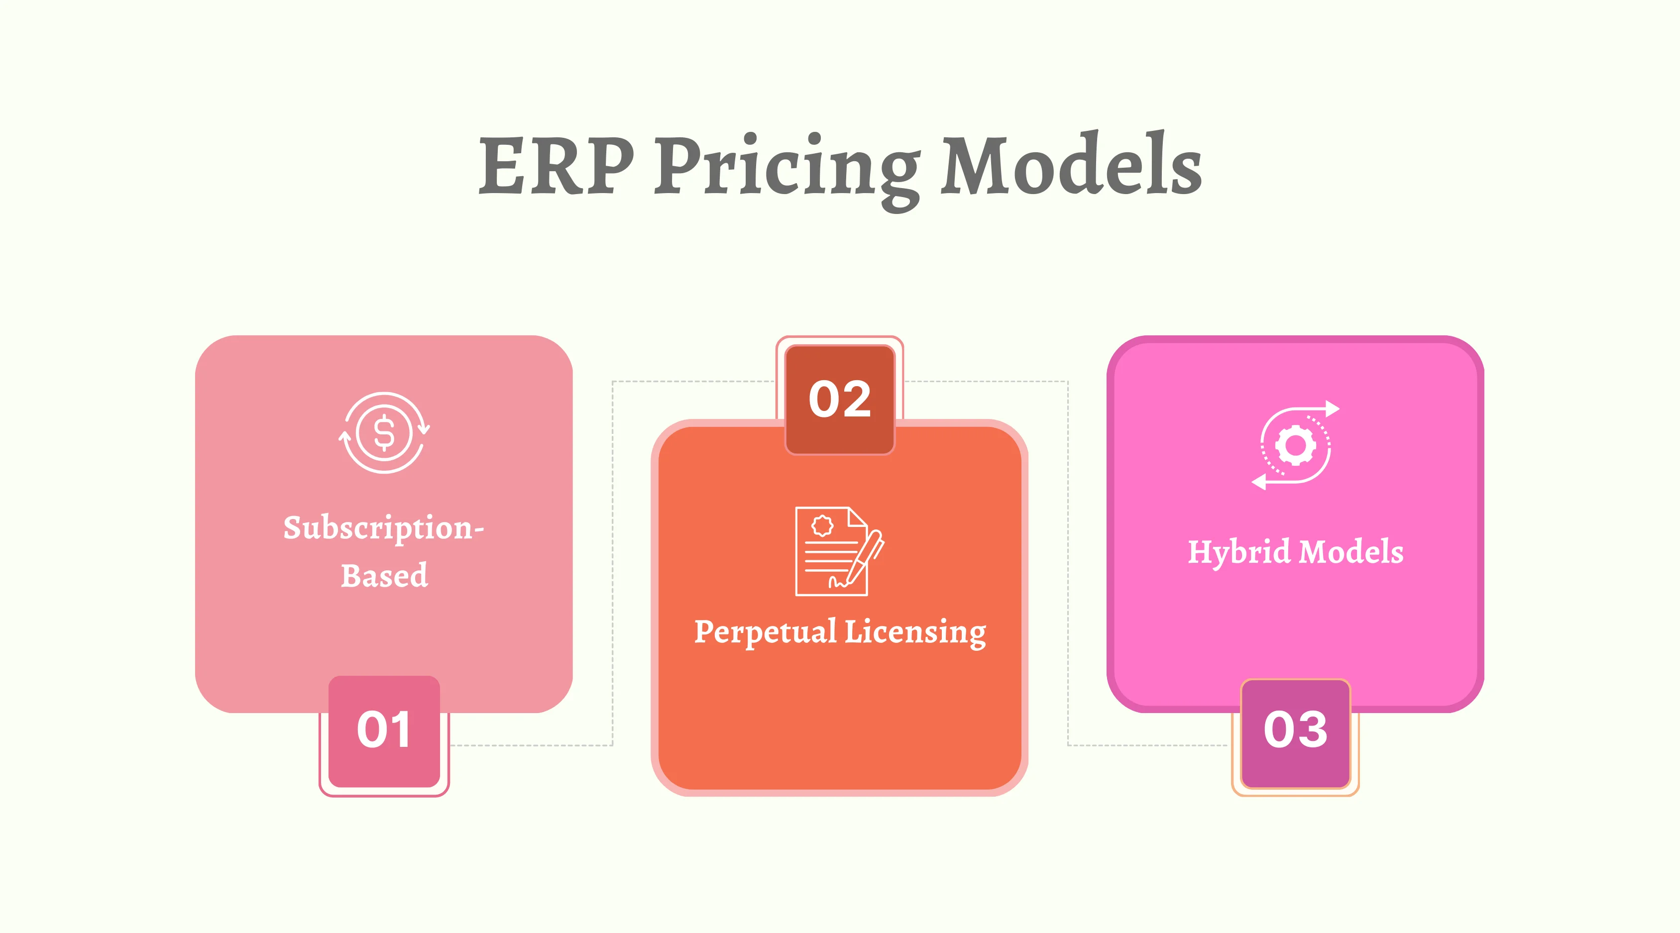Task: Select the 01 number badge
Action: [x=384, y=730]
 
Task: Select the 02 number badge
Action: [x=839, y=399]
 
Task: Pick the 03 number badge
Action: [x=1295, y=730]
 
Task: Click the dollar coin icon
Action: [x=384, y=433]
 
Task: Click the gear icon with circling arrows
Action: [x=1295, y=446]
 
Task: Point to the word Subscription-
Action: [x=383, y=528]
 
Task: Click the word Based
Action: [x=384, y=576]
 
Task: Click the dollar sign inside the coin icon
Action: [x=384, y=433]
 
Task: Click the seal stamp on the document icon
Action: [x=822, y=525]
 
